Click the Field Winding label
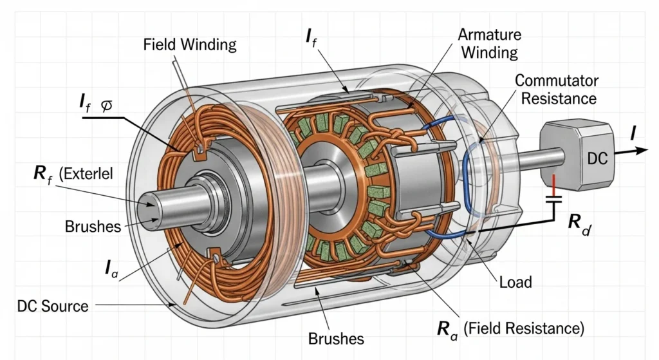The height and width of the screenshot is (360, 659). point(190,45)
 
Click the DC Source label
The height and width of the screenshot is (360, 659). point(51,305)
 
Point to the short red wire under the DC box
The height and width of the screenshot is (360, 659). point(555,182)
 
